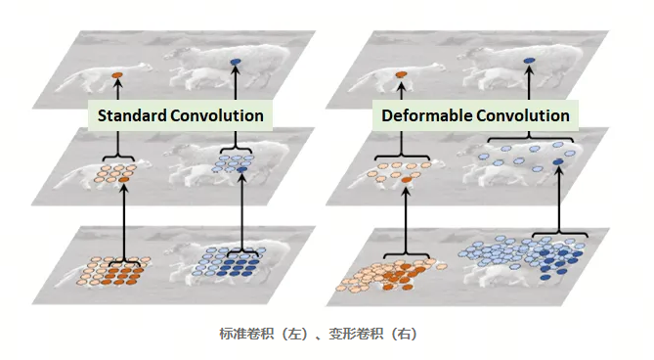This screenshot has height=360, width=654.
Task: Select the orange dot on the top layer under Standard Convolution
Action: point(116,74)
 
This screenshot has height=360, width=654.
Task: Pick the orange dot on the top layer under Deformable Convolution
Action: point(399,74)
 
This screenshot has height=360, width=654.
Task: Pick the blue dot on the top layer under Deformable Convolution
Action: point(529,62)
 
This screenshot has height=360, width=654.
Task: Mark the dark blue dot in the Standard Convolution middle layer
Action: point(242,170)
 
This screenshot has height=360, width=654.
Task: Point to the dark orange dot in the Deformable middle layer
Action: point(407,180)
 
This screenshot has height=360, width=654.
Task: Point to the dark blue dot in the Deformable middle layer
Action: point(558,160)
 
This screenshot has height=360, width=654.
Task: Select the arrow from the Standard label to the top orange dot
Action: point(116,90)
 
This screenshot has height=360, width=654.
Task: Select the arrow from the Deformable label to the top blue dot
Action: point(529,83)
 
